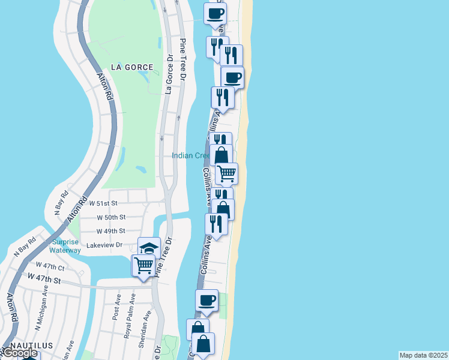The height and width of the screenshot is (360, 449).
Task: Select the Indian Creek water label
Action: [190, 155]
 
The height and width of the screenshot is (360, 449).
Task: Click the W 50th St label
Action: [110, 217]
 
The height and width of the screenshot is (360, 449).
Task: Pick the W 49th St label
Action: [110, 231]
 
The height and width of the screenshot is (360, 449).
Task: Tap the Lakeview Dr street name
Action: [104, 245]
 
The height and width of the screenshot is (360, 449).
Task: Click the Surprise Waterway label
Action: [65, 246]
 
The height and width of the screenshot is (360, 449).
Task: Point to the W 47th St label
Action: [44, 279]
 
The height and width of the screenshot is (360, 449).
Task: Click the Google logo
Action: [19, 353]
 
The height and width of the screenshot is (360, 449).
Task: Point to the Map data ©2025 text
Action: [424, 355]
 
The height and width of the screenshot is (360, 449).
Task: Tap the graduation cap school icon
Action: [149, 247]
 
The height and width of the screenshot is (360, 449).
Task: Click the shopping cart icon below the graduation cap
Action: [143, 264]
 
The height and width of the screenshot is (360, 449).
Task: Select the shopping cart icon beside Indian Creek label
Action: [226, 173]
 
